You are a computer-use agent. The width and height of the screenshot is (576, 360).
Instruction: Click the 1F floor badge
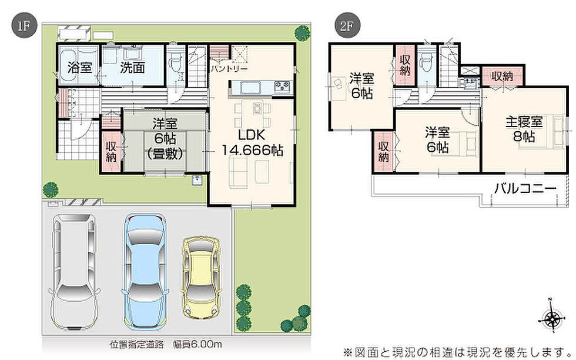(x=24, y=25)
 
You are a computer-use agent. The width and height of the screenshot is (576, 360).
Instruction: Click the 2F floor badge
(x=347, y=25)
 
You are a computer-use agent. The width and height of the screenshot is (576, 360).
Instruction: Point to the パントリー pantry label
(x=229, y=69)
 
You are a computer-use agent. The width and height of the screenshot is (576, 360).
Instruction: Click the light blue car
(x=146, y=271)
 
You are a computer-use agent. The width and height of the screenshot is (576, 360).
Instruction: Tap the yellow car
(x=201, y=277)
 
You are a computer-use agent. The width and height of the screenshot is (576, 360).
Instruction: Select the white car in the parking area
(x=75, y=272)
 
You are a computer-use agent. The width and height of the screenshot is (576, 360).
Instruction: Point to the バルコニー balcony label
(x=525, y=189)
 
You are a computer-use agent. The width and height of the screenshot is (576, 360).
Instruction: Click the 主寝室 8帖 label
(x=524, y=129)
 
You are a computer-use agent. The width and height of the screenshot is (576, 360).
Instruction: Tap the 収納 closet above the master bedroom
(x=502, y=77)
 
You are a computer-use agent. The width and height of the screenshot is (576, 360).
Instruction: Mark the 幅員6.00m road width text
(x=197, y=345)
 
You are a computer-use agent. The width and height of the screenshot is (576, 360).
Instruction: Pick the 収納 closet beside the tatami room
(x=111, y=151)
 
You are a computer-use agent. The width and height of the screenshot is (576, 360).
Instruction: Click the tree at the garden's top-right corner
(x=302, y=33)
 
